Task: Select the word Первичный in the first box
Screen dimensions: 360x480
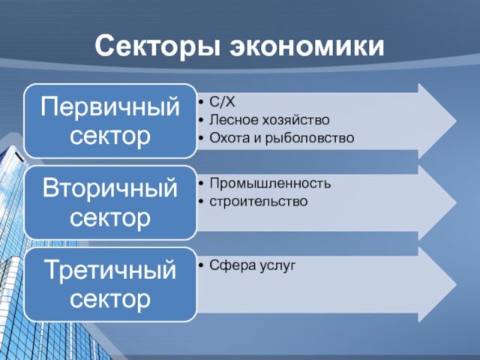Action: tap(110, 106)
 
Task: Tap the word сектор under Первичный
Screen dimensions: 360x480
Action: tap(110, 136)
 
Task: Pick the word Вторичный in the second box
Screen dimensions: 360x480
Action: tap(110, 187)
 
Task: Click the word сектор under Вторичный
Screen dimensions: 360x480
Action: tap(110, 217)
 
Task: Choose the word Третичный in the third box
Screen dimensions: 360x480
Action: tap(110, 269)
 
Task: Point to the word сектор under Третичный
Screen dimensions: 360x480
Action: tap(110, 299)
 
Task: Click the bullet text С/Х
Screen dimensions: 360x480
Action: tap(223, 101)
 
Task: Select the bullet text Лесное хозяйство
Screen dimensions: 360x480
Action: tap(269, 120)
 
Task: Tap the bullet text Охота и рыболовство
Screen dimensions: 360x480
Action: tap(281, 139)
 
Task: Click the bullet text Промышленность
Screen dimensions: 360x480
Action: tap(270, 184)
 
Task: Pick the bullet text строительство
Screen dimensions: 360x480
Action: tap(258, 202)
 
